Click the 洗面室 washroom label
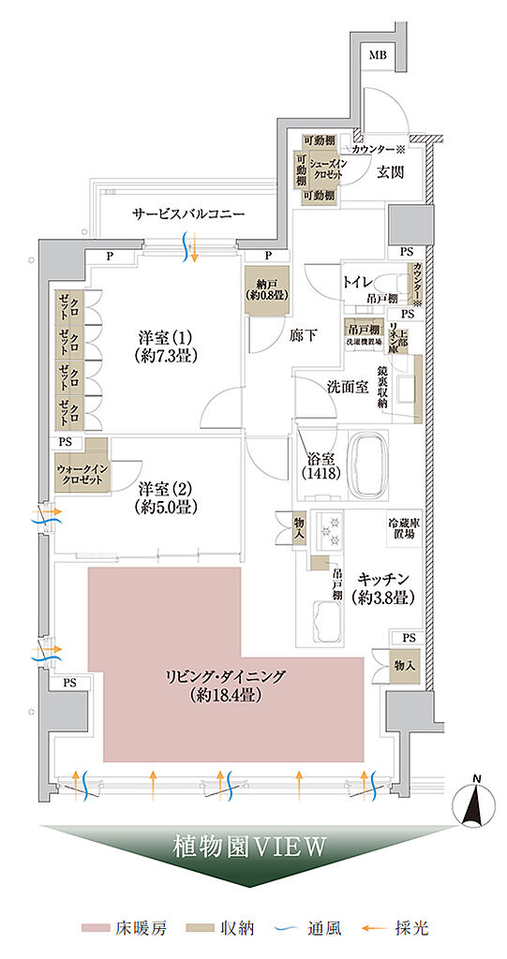tap(347, 386)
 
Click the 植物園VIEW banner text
tap(249, 848)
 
